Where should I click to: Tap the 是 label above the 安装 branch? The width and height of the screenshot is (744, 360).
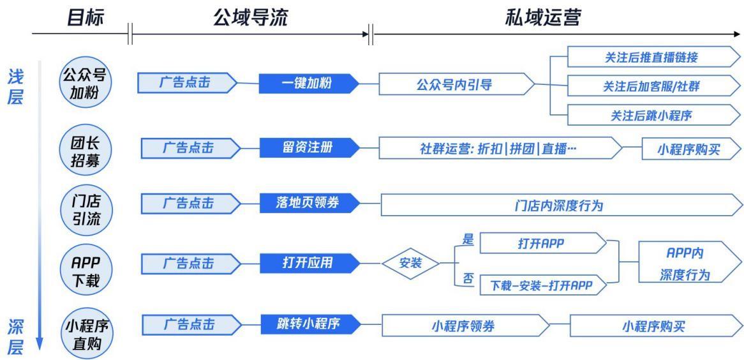click(x=466, y=237)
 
